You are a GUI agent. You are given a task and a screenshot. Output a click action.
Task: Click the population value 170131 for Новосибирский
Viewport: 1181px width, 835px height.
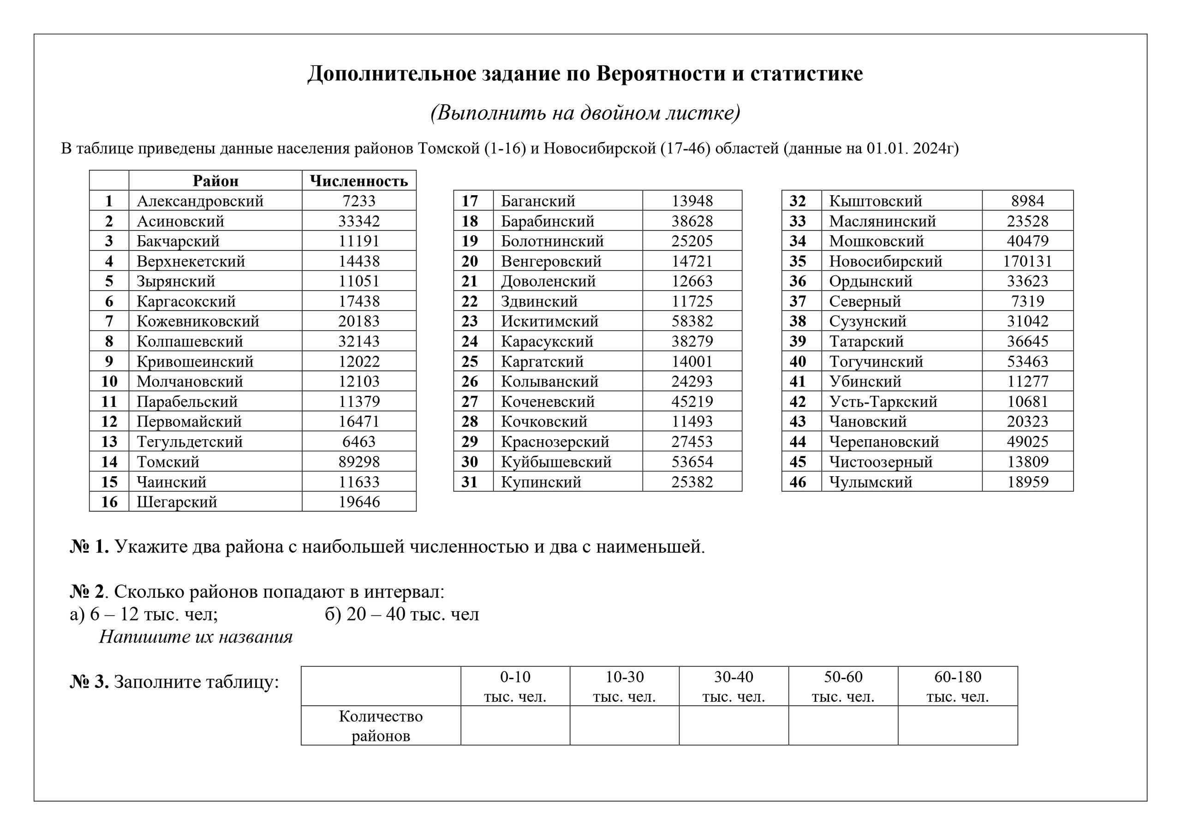(x=1027, y=262)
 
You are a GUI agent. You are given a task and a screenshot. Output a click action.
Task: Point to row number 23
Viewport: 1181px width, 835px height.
(x=469, y=322)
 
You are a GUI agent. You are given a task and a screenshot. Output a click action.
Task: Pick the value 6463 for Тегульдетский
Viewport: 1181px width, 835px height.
(x=358, y=442)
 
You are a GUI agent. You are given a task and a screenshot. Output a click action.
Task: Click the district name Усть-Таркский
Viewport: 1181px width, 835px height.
(x=883, y=402)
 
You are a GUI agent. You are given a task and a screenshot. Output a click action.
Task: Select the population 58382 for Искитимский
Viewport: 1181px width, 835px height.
(x=692, y=322)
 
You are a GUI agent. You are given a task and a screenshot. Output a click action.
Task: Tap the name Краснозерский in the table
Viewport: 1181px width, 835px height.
(x=555, y=442)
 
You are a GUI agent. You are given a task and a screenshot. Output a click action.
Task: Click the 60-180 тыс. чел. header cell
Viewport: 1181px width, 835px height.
(x=957, y=686)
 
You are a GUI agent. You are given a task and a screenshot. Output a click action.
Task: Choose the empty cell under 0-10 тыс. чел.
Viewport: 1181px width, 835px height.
(x=515, y=725)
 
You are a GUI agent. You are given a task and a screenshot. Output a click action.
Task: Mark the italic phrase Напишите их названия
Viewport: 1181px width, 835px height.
(x=196, y=637)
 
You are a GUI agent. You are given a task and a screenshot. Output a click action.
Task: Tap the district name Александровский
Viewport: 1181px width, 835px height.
(x=200, y=201)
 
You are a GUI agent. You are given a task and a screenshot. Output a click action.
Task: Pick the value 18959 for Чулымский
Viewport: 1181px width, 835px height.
(x=1027, y=482)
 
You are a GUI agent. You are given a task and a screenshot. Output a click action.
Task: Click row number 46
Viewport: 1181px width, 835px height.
(x=797, y=482)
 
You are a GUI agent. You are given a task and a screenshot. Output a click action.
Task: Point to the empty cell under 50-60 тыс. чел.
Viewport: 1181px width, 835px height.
(x=843, y=725)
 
